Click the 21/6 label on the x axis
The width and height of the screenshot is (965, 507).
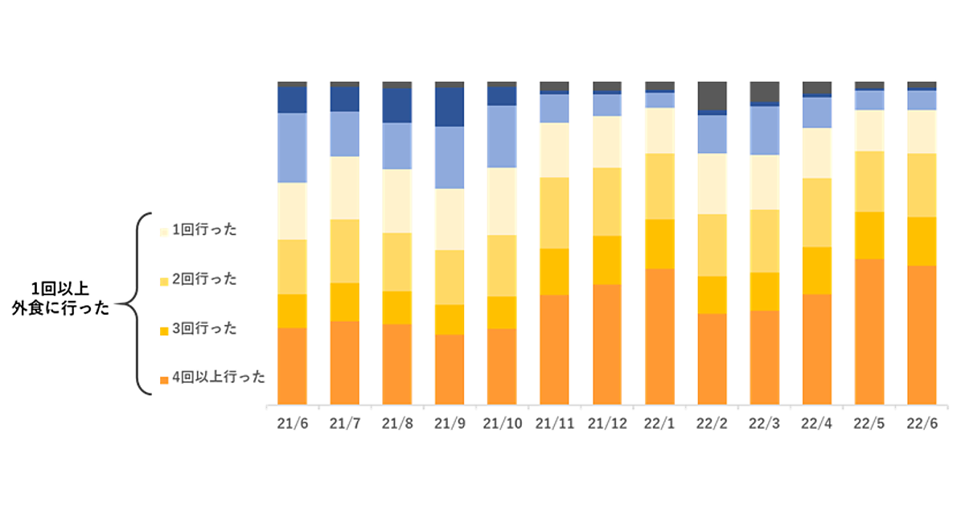292,424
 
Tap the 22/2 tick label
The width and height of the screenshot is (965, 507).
712,424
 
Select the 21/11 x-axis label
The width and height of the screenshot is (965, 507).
554,424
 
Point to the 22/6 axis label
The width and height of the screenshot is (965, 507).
922,424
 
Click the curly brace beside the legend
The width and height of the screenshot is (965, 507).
138,304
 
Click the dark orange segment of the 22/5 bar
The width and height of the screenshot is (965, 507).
869,331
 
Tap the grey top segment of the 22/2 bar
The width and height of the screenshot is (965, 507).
712,95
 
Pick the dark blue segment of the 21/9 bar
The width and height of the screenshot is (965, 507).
450,106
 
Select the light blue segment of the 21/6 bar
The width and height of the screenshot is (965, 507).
292,147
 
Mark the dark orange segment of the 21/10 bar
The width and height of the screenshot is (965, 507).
502,366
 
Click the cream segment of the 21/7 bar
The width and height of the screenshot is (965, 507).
344,188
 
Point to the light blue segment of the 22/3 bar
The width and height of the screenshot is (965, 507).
764,130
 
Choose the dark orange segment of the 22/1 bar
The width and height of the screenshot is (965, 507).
659,336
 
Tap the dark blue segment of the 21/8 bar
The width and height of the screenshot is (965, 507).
396,105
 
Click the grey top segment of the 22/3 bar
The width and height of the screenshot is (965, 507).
764,92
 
